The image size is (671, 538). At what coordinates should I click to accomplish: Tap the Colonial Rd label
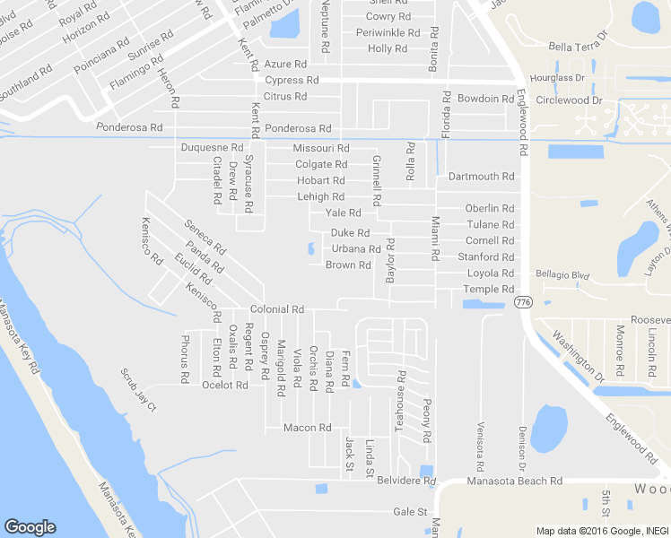tap(277, 309)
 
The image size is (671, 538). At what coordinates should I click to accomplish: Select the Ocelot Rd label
tap(224, 386)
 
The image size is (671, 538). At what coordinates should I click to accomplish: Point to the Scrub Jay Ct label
tap(138, 388)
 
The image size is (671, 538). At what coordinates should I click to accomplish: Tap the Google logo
tap(30, 527)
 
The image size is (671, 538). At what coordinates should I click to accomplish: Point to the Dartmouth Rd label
tap(482, 177)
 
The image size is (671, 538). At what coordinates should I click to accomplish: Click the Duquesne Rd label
tap(212, 147)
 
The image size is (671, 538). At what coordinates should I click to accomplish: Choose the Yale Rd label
tap(343, 213)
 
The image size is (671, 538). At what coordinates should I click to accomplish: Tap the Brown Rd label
tap(348, 265)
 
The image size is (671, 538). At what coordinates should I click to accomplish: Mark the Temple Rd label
tap(488, 290)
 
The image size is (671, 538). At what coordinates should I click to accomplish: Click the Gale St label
tap(410, 512)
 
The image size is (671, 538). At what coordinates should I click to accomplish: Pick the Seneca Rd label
tap(205, 237)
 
